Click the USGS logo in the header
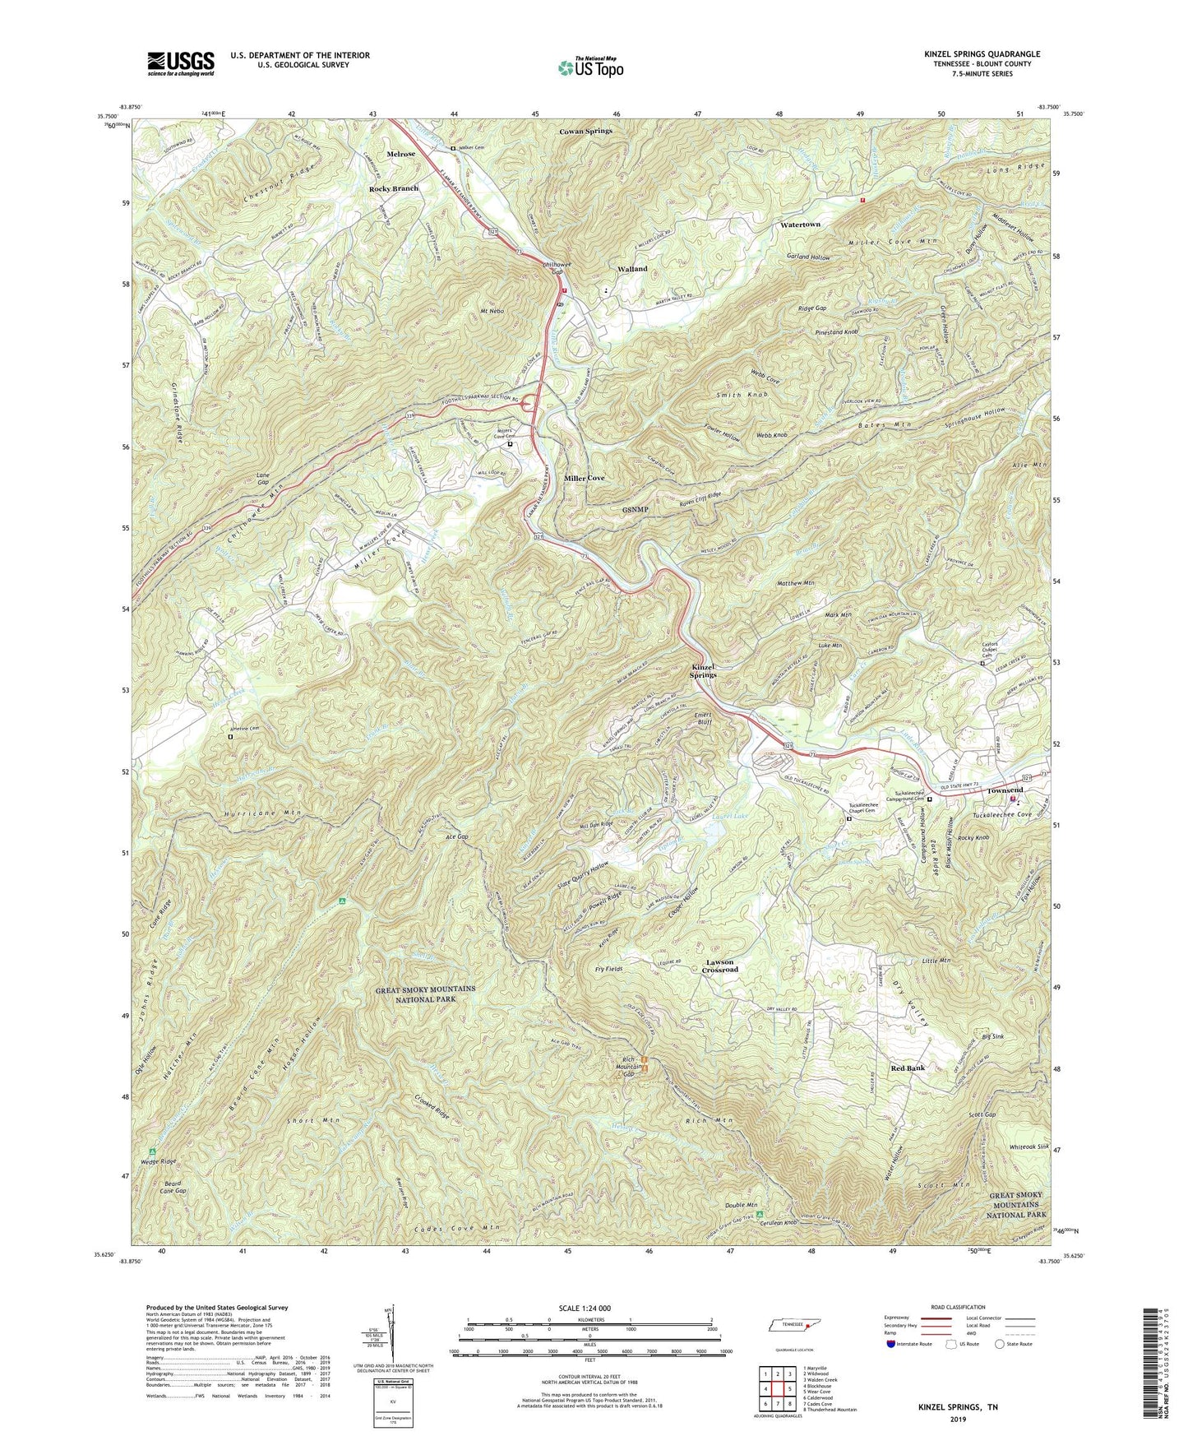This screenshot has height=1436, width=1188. point(181,63)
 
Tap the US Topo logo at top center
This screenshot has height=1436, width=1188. point(589,67)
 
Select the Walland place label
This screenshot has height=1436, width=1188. point(632,269)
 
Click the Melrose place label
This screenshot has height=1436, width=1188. point(396,154)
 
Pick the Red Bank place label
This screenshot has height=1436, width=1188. point(908,1068)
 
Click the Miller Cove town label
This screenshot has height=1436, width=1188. point(585,478)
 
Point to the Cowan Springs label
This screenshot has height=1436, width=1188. point(585,131)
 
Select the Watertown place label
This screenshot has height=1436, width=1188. point(800,225)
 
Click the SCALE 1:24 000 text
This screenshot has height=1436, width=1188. point(589,1309)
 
